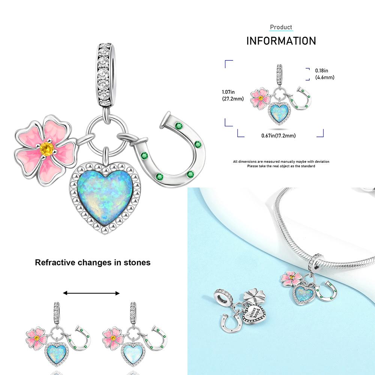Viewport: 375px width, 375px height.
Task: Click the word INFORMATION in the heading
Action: click(281, 40)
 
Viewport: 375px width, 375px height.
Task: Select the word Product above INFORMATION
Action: click(281, 27)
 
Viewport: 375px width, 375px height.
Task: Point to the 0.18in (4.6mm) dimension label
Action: click(324, 74)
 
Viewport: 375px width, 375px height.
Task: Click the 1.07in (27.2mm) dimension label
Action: click(232, 95)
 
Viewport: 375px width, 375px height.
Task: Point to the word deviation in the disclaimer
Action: click(322, 162)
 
